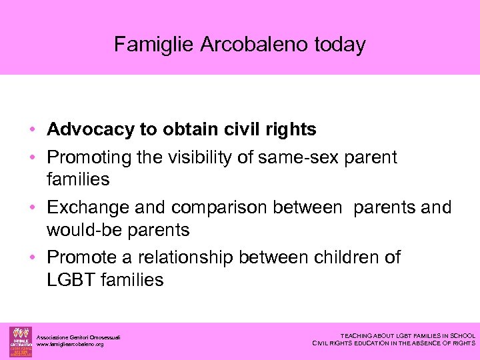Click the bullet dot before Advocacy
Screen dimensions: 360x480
[39, 129]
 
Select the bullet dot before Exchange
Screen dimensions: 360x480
[39, 208]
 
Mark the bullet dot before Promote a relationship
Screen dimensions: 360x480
[39, 257]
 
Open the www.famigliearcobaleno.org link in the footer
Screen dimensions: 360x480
[70, 345]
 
